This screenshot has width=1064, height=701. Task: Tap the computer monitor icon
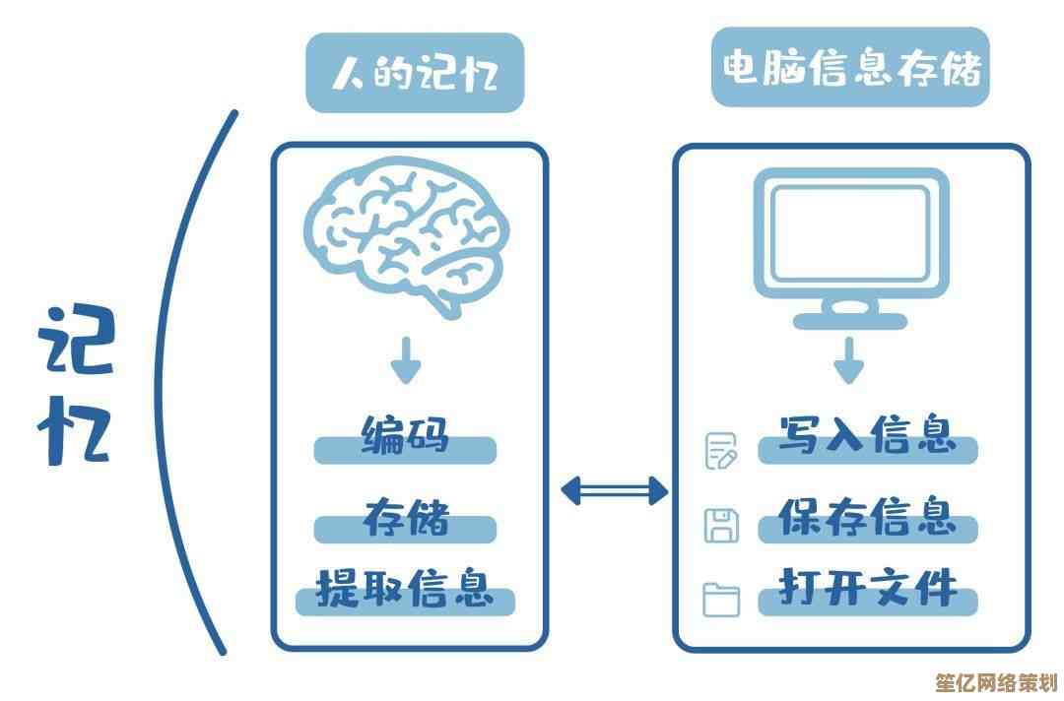[849, 236]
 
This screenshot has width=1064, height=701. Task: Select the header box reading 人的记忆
[415, 72]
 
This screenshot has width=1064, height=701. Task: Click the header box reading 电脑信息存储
[850, 67]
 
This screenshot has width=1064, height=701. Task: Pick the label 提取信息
[405, 590]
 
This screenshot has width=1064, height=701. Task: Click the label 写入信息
[867, 437]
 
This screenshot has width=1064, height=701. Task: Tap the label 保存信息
[867, 518]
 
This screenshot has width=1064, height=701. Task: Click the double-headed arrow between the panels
[613, 490]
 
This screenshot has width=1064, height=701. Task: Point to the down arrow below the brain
[405, 361]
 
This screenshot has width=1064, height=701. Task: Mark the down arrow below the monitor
[848, 361]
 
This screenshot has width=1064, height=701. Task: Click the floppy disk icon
[721, 525]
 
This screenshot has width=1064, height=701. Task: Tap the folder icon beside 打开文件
[721, 599]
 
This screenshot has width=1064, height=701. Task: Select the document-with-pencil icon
[721, 451]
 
